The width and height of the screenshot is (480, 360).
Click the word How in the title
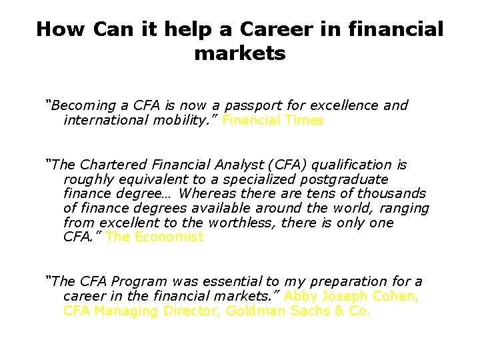tap(62, 29)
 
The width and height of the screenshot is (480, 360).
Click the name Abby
tap(301, 296)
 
